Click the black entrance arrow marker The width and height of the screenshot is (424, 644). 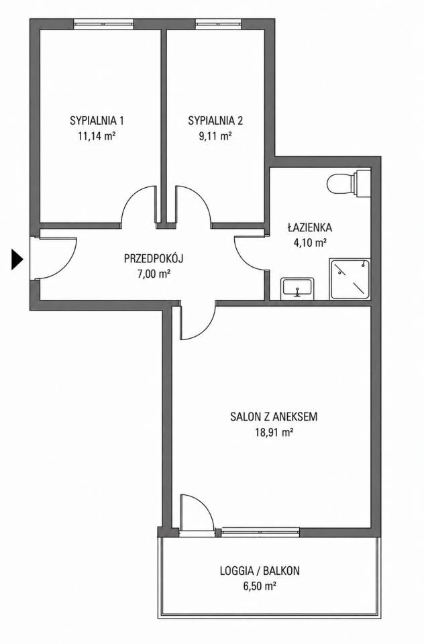16,260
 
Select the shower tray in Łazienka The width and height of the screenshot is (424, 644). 350,279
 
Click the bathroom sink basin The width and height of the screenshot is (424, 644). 298,288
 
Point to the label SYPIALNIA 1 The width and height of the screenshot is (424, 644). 97,121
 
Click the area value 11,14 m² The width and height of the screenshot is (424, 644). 97,136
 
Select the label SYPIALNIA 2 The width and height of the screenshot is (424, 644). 215,121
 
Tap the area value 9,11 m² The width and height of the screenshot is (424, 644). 215,136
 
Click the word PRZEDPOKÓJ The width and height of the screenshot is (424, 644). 154,259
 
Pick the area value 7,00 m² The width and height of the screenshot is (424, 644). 154,274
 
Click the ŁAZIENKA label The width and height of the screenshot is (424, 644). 310,227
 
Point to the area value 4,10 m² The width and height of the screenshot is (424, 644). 310,242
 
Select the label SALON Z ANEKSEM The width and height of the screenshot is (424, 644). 274,417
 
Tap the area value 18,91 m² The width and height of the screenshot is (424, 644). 274,432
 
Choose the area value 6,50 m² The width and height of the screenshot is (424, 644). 260,586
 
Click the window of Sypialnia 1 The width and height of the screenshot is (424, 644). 104,25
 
